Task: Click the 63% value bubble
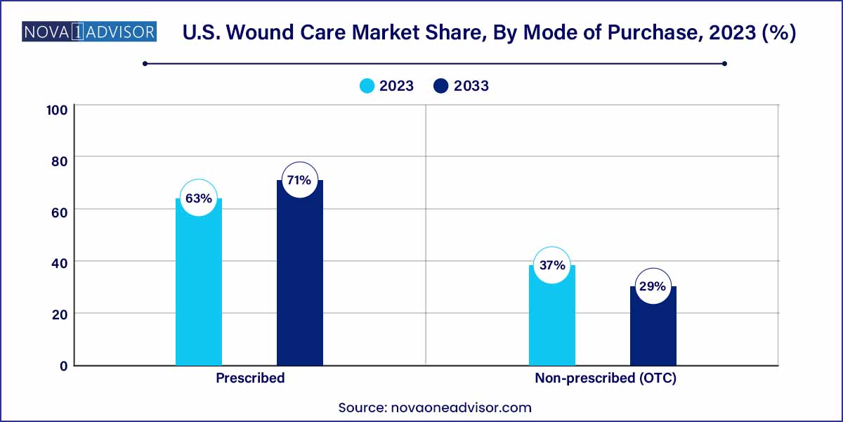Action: pyautogui.click(x=199, y=198)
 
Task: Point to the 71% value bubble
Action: pyautogui.click(x=299, y=180)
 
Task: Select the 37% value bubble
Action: pyautogui.click(x=552, y=265)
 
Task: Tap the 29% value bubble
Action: pyautogui.click(x=653, y=286)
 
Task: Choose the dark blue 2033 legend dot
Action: pyautogui.click(x=442, y=86)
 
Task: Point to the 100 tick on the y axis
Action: pyautogui.click(x=56, y=110)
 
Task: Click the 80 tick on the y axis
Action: pyautogui.click(x=59, y=161)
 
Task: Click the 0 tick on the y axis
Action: pyautogui.click(x=63, y=366)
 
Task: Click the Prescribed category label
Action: pyautogui.click(x=250, y=378)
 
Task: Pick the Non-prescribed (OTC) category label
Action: pyautogui.click(x=605, y=378)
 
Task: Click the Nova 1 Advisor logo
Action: pyautogui.click(x=90, y=32)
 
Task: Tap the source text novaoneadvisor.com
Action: pyautogui.click(x=435, y=407)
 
